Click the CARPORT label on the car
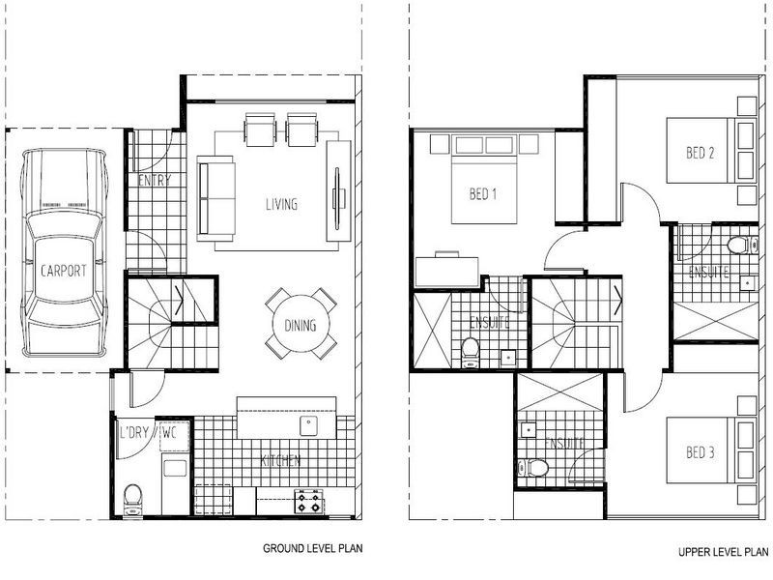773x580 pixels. tap(63, 272)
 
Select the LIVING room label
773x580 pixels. tap(282, 205)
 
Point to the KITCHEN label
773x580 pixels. tap(279, 460)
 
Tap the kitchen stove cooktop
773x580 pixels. tap(308, 502)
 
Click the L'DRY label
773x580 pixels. tap(133, 433)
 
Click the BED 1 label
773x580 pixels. tap(482, 194)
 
